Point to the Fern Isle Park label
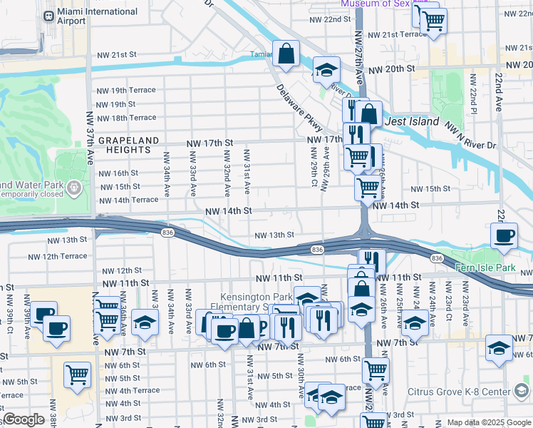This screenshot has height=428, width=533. pyautogui.click(x=485, y=267)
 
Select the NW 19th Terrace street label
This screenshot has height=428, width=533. pyautogui.click(x=126, y=91)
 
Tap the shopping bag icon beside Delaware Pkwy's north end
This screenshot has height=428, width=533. pyautogui.click(x=286, y=54)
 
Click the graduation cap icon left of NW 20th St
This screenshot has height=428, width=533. pyautogui.click(x=326, y=71)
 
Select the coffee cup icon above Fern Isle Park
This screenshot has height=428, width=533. pyautogui.click(x=504, y=236)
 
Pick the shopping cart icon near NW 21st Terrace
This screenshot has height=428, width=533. pyautogui.click(x=433, y=21)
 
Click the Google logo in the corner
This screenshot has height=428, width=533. pyautogui.click(x=24, y=420)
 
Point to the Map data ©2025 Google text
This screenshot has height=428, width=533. pyautogui.click(x=488, y=422)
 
